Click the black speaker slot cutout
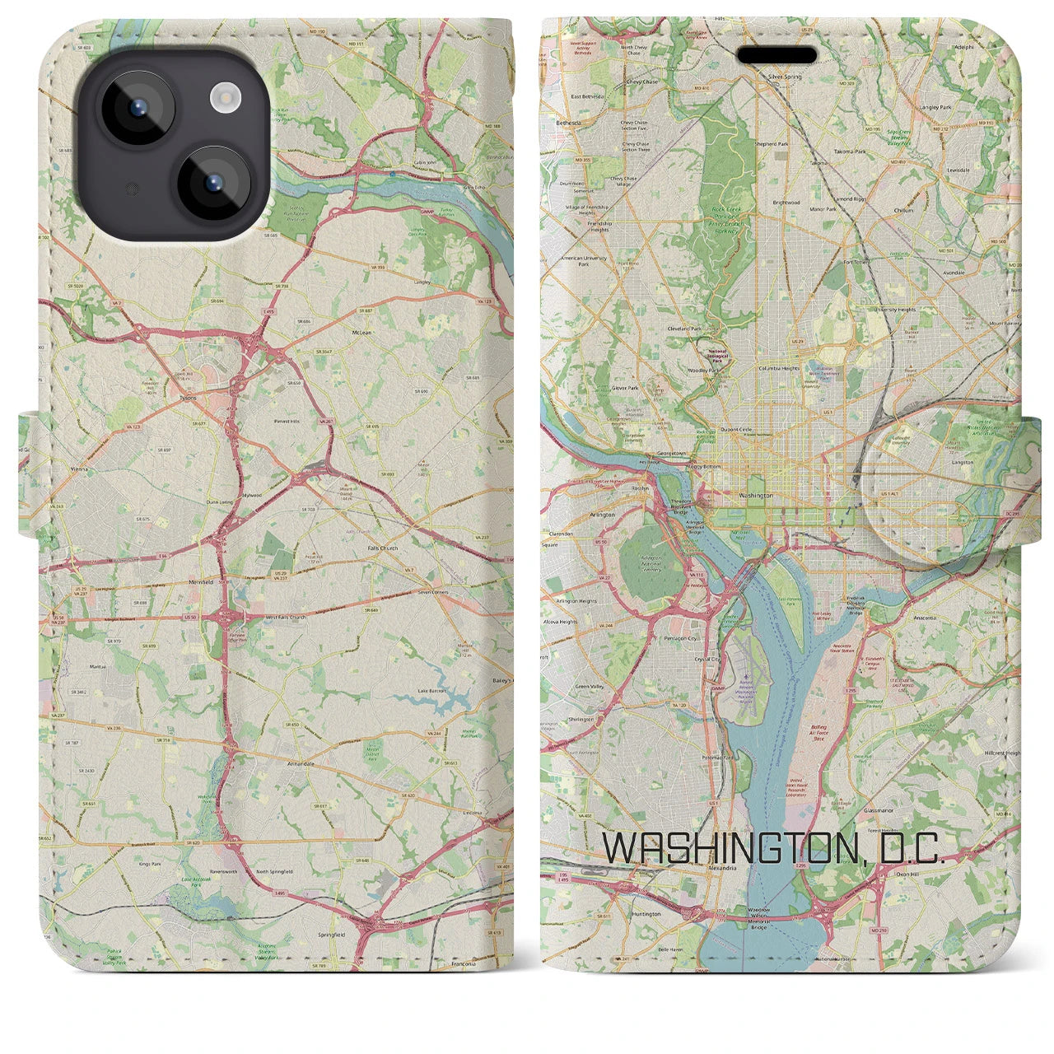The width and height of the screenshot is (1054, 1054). click(777, 56)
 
